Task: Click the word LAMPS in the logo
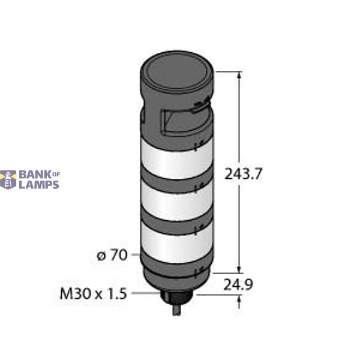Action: [39, 185]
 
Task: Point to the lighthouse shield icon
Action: [8, 180]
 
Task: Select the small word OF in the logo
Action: [56, 174]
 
